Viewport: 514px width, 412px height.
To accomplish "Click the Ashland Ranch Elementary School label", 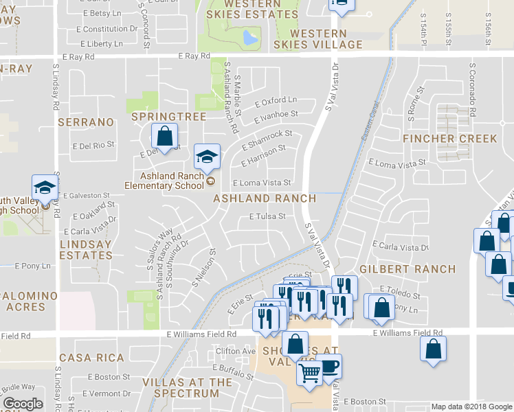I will tap(163, 180).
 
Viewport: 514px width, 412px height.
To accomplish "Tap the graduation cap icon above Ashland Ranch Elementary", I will tap(207, 156).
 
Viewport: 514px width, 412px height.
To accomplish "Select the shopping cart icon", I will tap(309, 374).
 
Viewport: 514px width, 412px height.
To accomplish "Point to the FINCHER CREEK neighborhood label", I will tap(450, 139).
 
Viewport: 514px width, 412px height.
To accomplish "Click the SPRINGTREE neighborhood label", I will tap(168, 117).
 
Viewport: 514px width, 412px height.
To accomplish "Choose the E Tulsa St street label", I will tap(267, 216).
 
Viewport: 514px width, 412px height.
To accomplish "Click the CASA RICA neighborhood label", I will tap(91, 358).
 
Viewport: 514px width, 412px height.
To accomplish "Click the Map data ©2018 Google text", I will tap(471, 407).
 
